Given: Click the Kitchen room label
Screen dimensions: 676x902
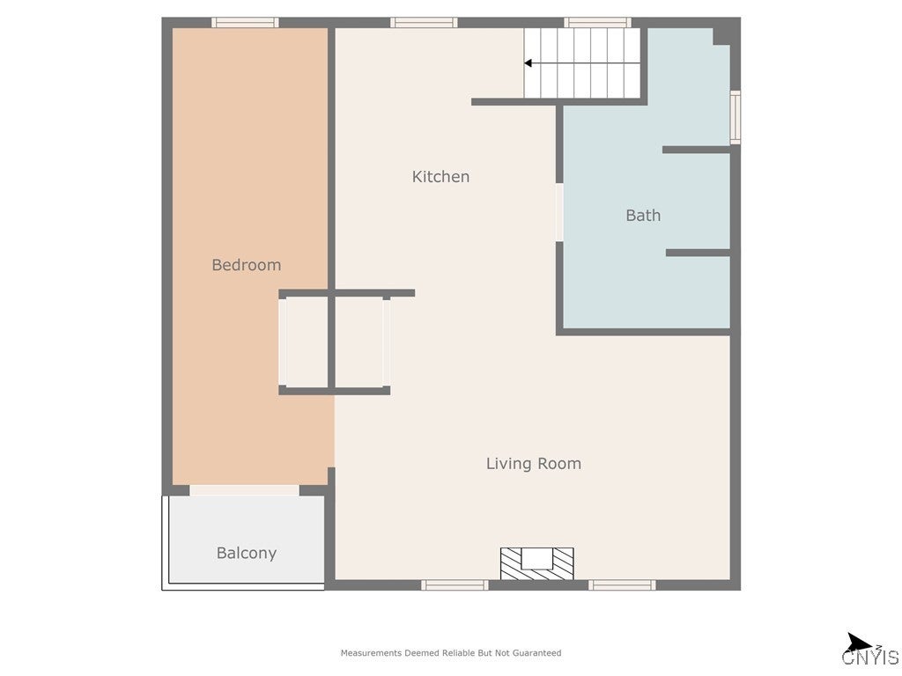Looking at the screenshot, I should (440, 177).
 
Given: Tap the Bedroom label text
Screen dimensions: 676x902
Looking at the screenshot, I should (246, 265).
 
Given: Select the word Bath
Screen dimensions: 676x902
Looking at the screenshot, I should (643, 216).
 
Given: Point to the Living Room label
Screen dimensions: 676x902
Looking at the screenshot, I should (533, 464).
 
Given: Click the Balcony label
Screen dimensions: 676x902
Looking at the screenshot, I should (246, 554).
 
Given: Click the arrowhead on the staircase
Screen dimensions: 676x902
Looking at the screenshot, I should (528, 63).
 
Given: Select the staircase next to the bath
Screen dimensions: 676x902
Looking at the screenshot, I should (583, 63).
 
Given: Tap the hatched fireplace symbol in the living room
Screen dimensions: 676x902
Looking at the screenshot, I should (536, 563).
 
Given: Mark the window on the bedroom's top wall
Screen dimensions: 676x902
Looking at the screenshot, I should (245, 23).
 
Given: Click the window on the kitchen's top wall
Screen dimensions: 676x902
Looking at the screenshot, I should (424, 23).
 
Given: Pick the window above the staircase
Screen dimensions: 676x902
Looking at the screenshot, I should (597, 23).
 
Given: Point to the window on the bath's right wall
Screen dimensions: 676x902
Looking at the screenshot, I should (736, 117).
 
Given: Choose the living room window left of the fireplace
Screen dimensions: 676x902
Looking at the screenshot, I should (455, 584).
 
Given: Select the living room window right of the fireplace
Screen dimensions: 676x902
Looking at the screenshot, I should (622, 584).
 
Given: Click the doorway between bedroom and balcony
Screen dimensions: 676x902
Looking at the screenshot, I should (244, 490).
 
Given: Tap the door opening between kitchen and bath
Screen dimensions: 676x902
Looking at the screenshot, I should (559, 212).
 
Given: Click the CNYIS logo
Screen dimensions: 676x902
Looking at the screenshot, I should (869, 650).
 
